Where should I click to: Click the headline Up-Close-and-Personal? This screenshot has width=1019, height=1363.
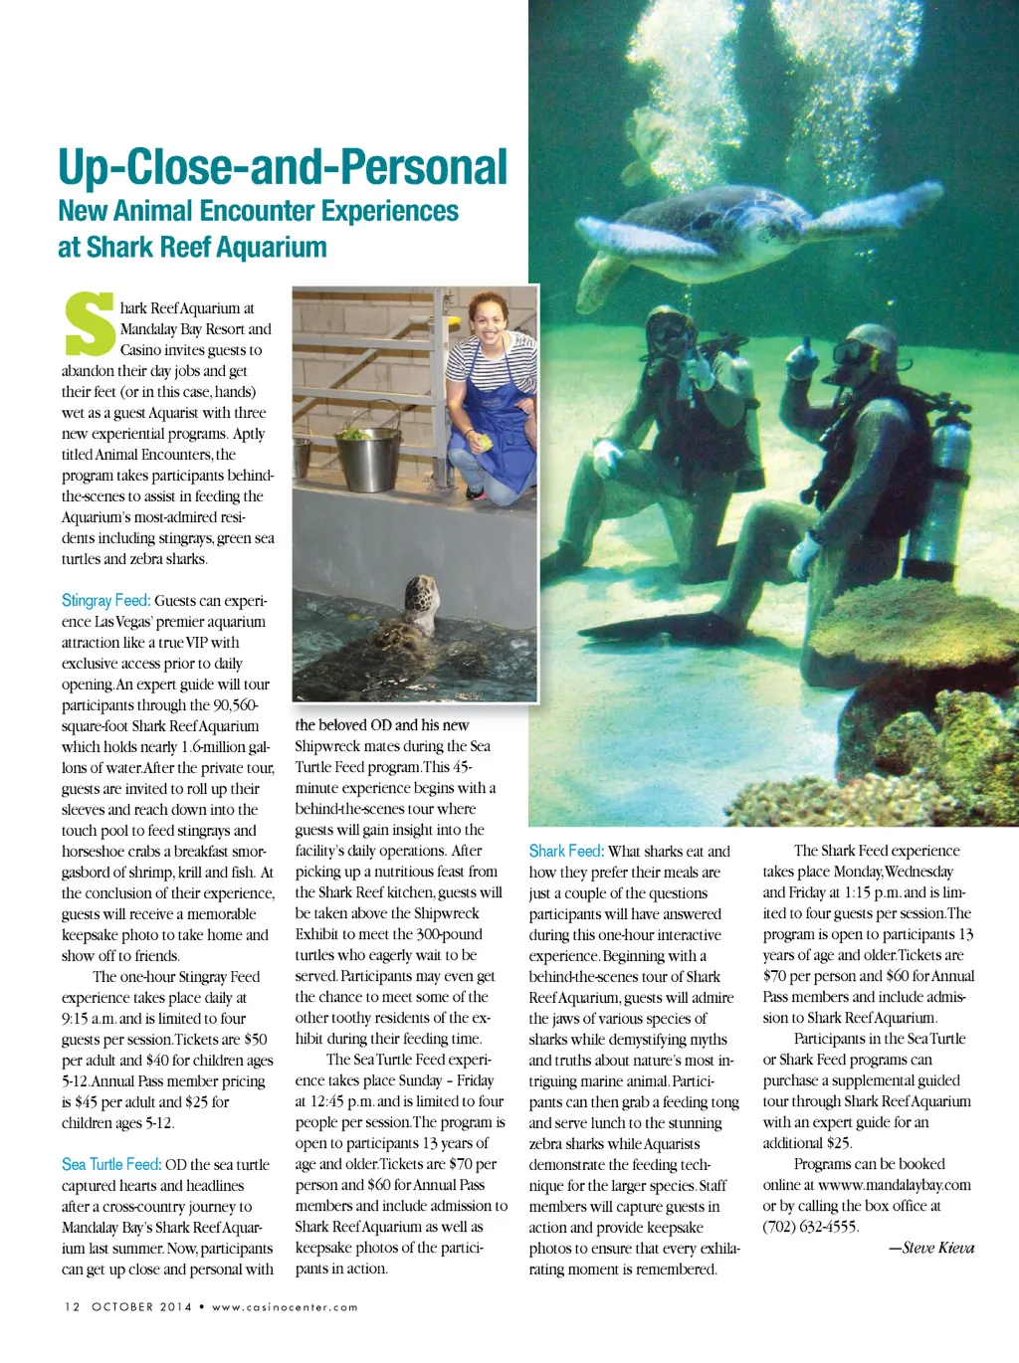coord(283,167)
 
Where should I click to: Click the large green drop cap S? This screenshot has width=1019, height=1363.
coord(89,324)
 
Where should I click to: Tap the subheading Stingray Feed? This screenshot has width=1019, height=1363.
coord(105,601)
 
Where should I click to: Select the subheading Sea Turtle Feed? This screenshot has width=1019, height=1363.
coord(111,1165)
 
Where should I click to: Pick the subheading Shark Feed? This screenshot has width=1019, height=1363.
coord(566,852)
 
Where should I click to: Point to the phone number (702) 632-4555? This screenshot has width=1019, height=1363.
coord(810,1227)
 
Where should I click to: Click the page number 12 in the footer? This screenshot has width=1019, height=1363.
coord(72,1307)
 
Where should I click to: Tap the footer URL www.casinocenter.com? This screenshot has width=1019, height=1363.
coord(285,1307)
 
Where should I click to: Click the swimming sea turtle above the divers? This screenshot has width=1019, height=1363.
coord(716,224)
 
